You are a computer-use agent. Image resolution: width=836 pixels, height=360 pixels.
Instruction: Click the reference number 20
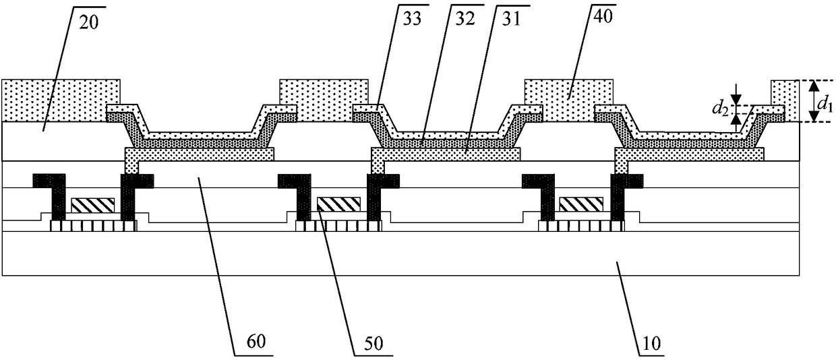pyautogui.click(x=88, y=23)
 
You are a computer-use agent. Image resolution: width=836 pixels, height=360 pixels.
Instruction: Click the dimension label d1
pyautogui.click(x=823, y=104)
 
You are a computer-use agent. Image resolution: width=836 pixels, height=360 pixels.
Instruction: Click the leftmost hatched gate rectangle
pyautogui.click(x=92, y=206)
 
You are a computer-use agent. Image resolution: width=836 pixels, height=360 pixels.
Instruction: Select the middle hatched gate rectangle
pyautogui.click(x=338, y=204)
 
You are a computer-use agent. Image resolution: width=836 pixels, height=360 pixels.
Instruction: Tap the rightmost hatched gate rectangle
pyautogui.click(x=582, y=204)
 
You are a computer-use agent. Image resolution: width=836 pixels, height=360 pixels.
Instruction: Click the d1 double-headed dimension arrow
pyautogui.click(x=814, y=101)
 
